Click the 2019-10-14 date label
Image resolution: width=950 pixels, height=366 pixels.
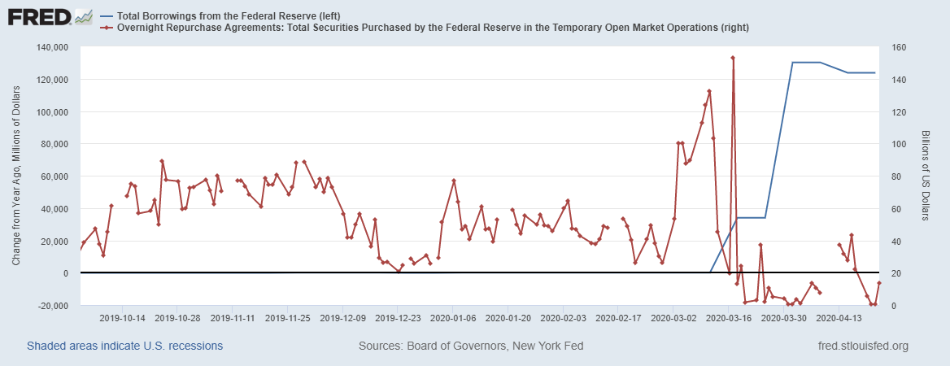(x=121, y=318)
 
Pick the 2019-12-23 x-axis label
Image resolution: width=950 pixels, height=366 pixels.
(x=397, y=318)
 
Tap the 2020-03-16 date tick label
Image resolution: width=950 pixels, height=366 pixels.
(x=728, y=318)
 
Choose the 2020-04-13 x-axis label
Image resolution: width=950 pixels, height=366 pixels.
(x=839, y=318)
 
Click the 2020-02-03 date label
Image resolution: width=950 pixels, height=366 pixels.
(x=563, y=318)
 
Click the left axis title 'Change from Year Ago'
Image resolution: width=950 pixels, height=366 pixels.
(x=16, y=176)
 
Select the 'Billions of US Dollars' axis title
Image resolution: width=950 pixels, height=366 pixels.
(x=926, y=176)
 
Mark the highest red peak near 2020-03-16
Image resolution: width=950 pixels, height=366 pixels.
(x=733, y=58)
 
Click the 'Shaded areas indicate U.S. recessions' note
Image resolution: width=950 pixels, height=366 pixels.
(x=125, y=346)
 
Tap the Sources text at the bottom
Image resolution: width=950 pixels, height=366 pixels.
(x=471, y=346)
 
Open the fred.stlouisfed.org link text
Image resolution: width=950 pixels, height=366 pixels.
(x=862, y=346)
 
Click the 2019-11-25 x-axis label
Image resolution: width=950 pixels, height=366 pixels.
(x=287, y=318)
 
